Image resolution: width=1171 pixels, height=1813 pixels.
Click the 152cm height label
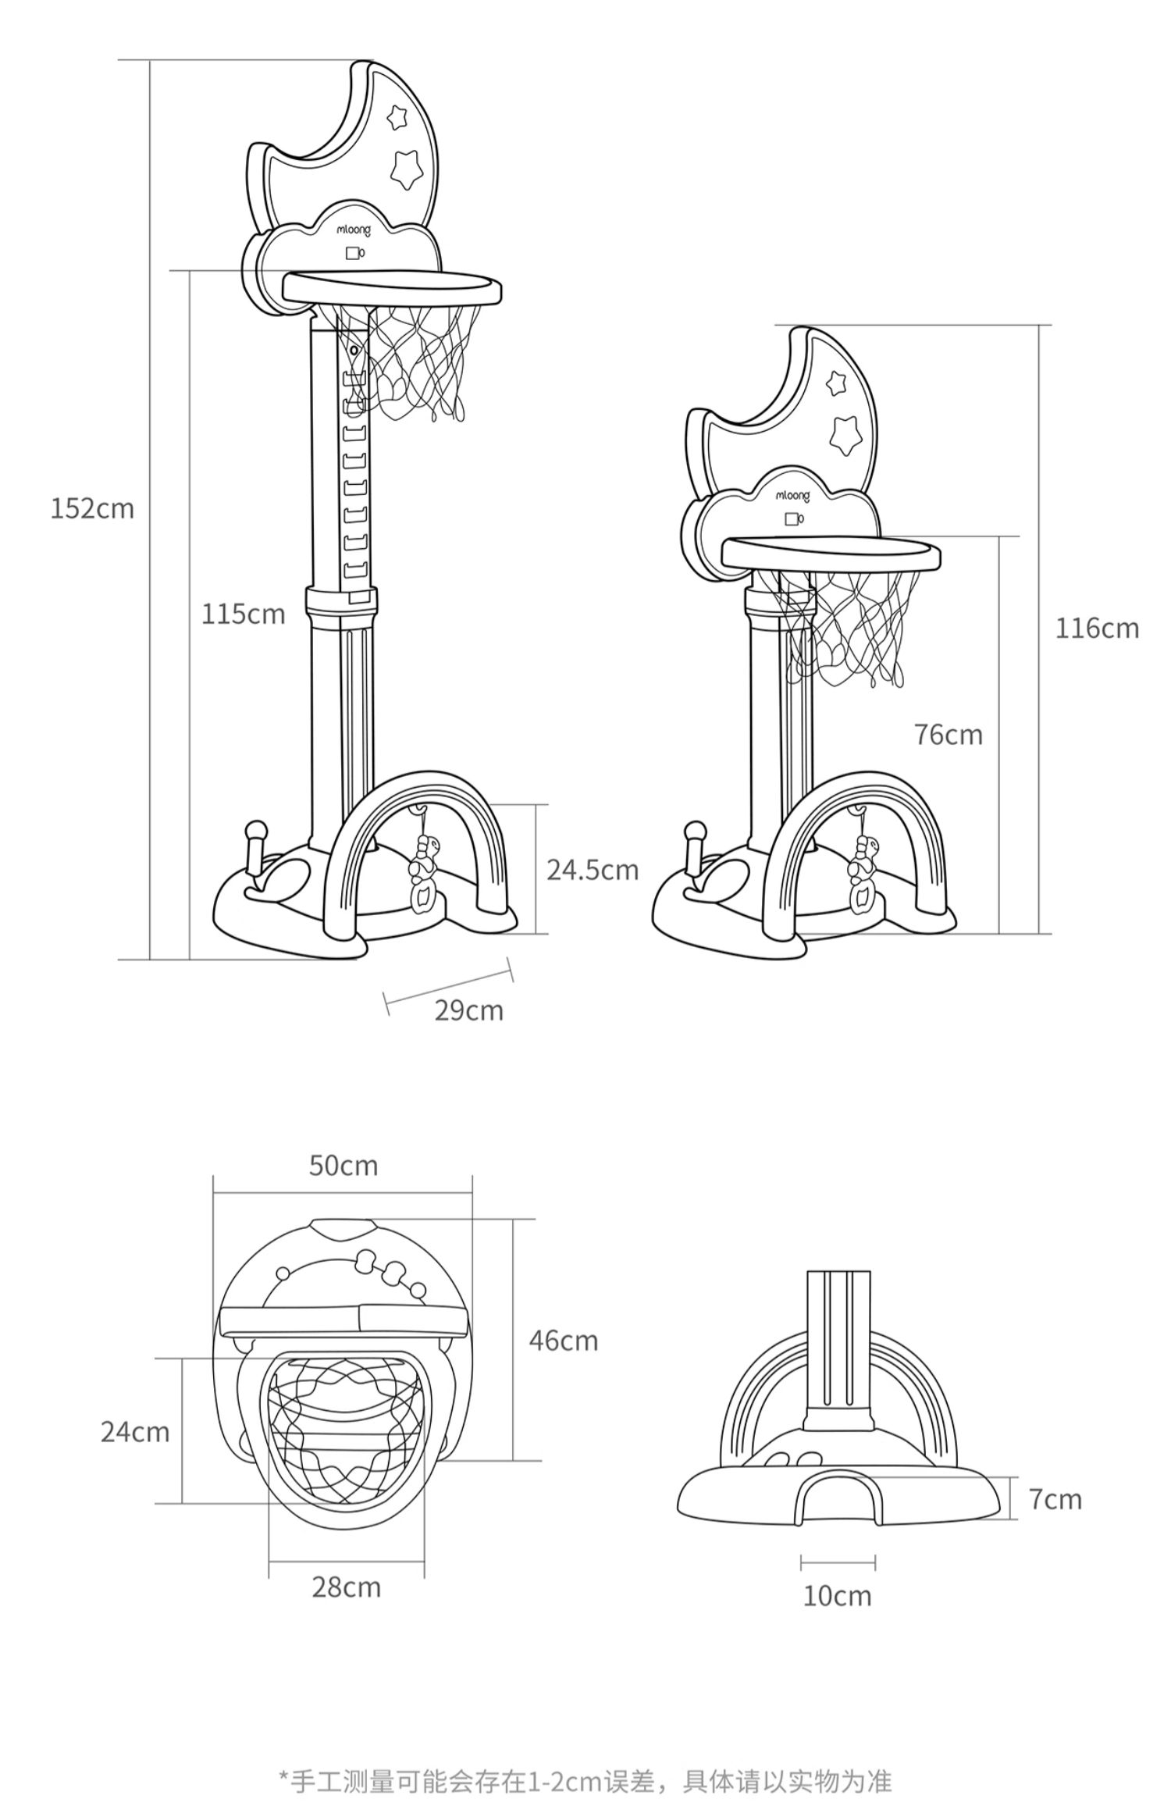(92, 508)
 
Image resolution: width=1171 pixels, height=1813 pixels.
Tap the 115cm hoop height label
(244, 614)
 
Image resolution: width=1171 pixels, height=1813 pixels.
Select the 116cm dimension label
(1097, 628)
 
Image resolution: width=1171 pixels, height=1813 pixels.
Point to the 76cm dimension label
(949, 735)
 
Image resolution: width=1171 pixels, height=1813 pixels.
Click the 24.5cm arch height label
(593, 870)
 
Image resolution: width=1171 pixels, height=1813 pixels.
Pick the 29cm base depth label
(469, 1010)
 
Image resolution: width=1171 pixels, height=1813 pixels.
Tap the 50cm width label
(343, 1165)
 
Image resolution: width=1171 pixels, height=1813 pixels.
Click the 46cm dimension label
(564, 1341)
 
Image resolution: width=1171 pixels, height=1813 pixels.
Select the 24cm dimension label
(135, 1432)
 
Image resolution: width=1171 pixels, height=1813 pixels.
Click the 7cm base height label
(1055, 1499)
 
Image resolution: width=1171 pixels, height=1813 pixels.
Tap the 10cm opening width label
(838, 1596)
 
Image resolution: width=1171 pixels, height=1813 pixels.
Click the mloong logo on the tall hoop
(354, 230)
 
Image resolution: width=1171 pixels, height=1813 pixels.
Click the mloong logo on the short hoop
(792, 496)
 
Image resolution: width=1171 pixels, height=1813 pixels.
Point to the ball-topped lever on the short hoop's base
(692, 850)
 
